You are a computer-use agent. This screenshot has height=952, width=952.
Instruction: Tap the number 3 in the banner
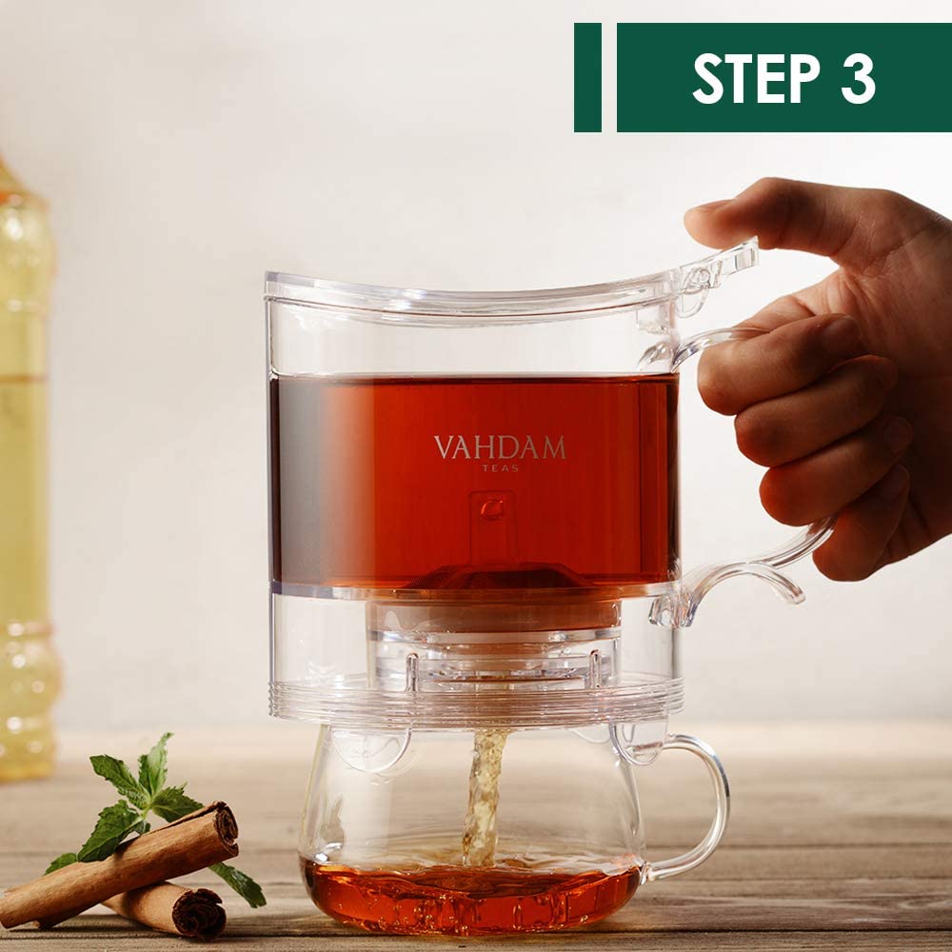pyautogui.click(x=858, y=78)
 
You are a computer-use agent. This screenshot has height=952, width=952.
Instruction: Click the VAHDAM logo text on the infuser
pyautogui.click(x=500, y=447)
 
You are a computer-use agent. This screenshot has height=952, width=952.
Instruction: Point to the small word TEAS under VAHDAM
pyautogui.click(x=500, y=468)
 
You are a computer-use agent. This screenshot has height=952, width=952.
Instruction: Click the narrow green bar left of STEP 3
pyautogui.click(x=587, y=77)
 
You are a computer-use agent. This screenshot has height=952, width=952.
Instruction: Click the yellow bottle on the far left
pyautogui.click(x=24, y=476)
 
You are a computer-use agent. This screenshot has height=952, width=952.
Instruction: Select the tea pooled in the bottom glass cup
pyautogui.click(x=471, y=895)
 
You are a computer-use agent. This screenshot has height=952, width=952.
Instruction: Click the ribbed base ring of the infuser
pyautogui.click(x=476, y=704)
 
